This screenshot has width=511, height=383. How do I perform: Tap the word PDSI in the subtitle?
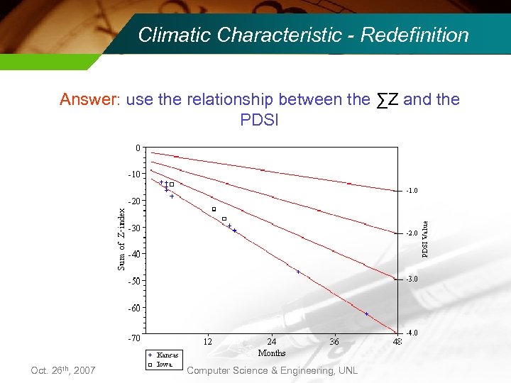point(260,120)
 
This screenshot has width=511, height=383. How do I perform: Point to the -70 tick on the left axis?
point(133,338)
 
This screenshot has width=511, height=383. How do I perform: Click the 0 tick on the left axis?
point(138,148)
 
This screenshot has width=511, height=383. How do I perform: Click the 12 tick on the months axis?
point(208,342)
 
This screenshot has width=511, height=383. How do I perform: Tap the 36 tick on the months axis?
point(334,342)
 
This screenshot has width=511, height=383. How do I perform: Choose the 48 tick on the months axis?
point(397,342)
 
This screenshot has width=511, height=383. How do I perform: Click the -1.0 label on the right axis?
point(412,191)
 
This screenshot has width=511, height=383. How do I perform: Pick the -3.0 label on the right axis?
point(412,279)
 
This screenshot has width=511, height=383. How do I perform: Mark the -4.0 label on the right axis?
point(412,333)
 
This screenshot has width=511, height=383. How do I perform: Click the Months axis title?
point(272,353)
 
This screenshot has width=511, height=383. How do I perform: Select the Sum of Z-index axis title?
point(121,238)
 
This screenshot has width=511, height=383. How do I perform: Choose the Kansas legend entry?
point(167,355)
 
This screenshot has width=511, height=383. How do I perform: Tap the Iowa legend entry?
point(164,364)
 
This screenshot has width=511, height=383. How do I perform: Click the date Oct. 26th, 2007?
point(63,371)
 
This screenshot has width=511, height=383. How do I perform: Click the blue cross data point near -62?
point(366,313)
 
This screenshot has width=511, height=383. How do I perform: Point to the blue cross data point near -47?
point(298,272)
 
